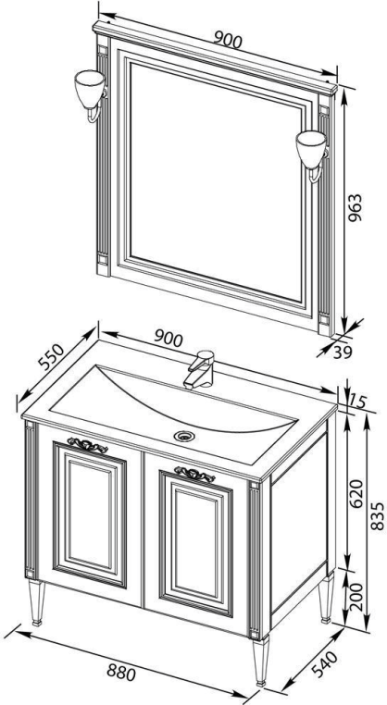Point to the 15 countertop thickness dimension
pos(358,400)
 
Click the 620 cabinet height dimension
pos(356,494)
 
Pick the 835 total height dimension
pos(379,515)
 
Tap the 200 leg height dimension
pos(356,596)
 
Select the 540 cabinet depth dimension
pos(324,664)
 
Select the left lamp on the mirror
pos(90,95)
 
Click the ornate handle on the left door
pos(87,445)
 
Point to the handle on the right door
pos(194,474)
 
